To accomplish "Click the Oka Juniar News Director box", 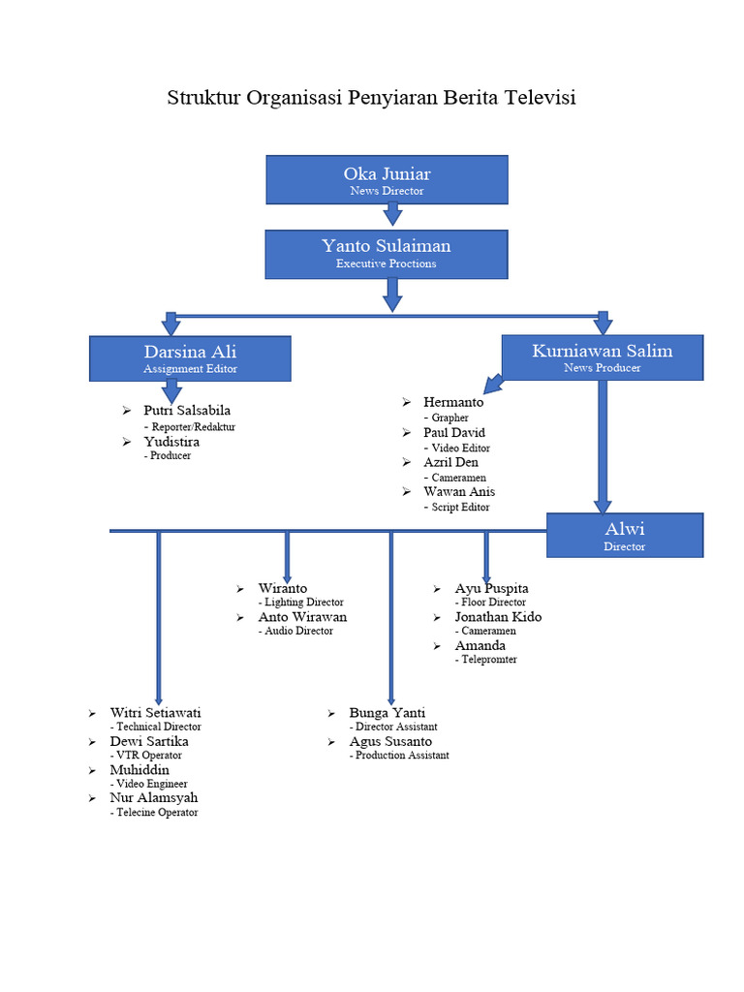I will coord(387,180).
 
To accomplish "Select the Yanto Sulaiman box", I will coord(387,254).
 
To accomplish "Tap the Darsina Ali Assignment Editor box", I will coord(190,358).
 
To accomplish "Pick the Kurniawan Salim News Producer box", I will coord(602,357).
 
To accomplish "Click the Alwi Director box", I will coord(625,535).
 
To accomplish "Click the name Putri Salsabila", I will coord(187,411).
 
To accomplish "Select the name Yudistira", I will coord(171,442).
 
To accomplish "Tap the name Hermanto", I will coord(453,402).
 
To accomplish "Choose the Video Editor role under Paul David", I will coord(460,449).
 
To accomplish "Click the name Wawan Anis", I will coord(459,492).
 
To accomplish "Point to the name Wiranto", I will coord(283,588).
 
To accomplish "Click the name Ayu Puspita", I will coord(492,588).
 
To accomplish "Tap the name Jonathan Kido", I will coord(499,617).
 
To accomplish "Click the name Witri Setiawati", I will coord(156,713).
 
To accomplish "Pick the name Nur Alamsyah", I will coord(154,798).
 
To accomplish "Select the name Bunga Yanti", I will coord(387,713).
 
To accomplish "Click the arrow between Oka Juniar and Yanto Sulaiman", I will coord(392,214).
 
